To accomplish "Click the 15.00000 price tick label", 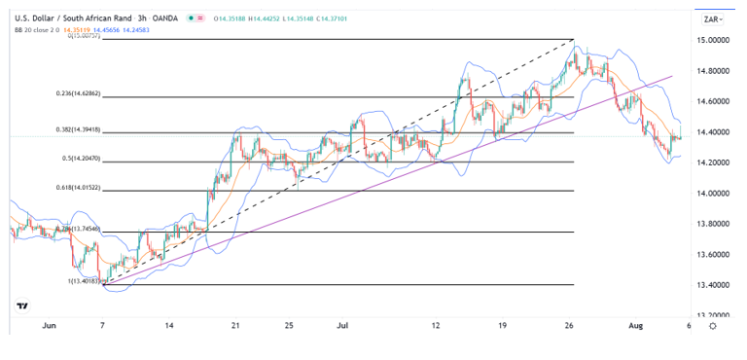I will click(714, 41).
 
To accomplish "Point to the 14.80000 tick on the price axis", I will click(714, 71).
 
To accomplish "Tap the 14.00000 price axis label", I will click(714, 194).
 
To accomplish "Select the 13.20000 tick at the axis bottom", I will click(714, 315).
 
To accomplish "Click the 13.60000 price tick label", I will click(714, 254).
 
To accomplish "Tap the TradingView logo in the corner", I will click(22, 306).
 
